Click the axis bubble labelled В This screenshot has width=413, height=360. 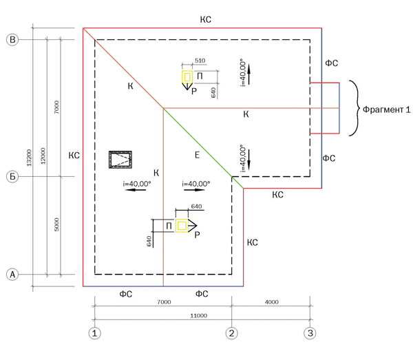tap(12, 39)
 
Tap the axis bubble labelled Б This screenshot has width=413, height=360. tap(12, 176)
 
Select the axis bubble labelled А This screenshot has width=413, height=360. tap(12, 274)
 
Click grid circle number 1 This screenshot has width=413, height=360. tap(94, 333)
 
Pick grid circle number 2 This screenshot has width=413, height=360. tap(232, 333)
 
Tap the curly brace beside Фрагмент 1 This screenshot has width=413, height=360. tap(352, 109)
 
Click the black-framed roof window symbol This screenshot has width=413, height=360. tap(120, 160)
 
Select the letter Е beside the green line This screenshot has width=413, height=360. tap(197, 156)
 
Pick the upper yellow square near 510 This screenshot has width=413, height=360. tap(187, 76)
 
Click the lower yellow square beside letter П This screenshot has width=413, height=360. tap(181, 225)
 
